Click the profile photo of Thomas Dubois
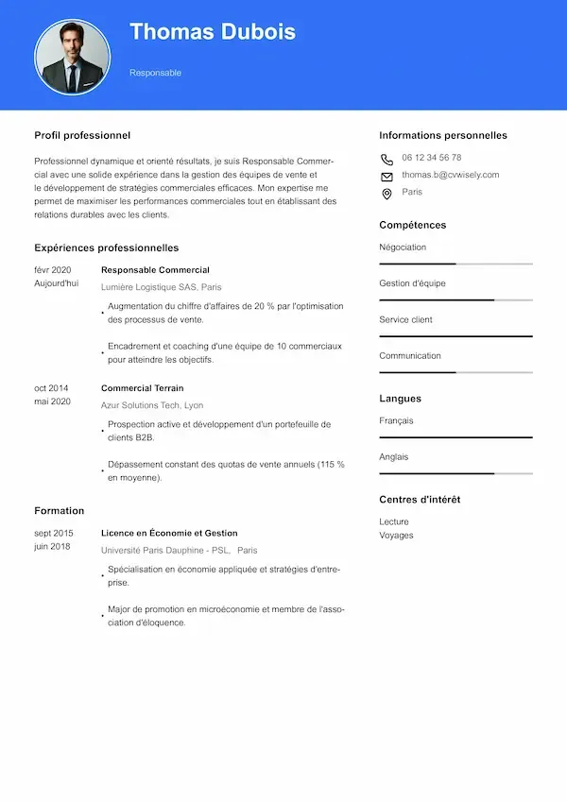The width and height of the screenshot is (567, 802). tap(73, 56)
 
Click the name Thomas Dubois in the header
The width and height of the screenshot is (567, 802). tap(213, 32)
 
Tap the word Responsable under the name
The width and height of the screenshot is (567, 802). tap(155, 73)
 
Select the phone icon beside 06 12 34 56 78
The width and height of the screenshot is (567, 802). tap(387, 159)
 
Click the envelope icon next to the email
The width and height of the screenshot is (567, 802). tap(387, 177)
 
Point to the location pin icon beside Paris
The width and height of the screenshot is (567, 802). tap(387, 194)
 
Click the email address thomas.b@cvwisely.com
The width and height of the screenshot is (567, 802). tap(450, 175)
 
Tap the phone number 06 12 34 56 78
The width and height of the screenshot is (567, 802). tap(431, 158)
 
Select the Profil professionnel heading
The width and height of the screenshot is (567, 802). tap(82, 135)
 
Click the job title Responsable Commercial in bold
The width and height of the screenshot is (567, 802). tap(155, 270)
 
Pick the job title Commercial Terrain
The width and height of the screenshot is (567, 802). tap(142, 388)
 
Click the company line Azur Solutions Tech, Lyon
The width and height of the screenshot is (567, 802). tap(152, 405)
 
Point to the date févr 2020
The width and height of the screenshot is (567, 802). tap(53, 270)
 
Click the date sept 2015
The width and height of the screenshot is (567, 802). tap(54, 533)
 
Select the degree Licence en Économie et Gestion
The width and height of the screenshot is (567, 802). tap(169, 533)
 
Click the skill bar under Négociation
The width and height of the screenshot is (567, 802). tap(455, 264)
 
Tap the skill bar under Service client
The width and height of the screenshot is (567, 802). tap(455, 336)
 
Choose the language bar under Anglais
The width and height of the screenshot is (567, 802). tap(455, 473)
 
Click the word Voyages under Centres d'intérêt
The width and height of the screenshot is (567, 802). tap(396, 536)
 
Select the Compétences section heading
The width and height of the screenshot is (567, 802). tap(412, 225)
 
